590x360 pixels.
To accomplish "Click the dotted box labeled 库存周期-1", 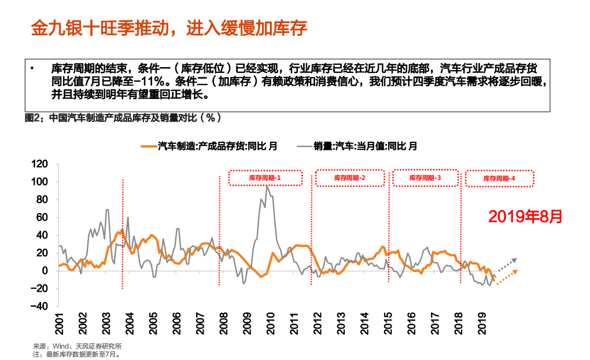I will pos(265,178).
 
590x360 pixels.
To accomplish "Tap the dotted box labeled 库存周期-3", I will pos(425,178).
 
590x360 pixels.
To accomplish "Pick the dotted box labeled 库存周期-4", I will pos(499,179).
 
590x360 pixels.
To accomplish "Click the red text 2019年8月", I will pos(525,217).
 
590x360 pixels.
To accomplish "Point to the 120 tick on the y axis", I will pos(46,164).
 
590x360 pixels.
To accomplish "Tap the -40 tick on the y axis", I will pos(46,307).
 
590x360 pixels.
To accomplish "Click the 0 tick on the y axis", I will pos(51,271).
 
